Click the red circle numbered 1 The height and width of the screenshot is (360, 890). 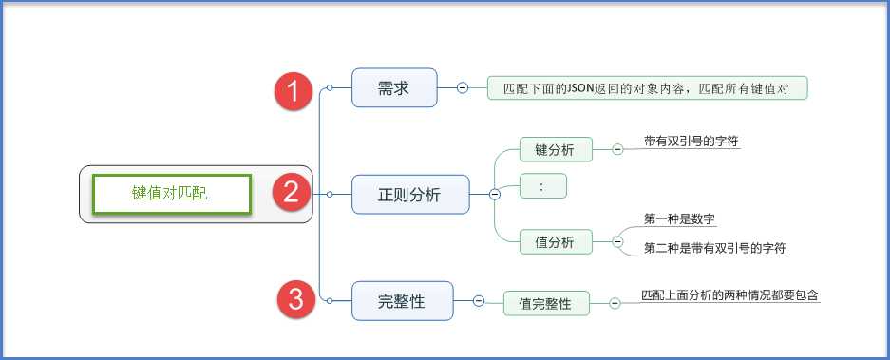pyautogui.click(x=294, y=91)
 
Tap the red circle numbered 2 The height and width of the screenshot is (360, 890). pyautogui.click(x=292, y=193)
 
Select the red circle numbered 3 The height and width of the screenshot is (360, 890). pyautogui.click(x=296, y=301)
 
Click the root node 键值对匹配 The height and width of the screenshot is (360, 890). pyautogui.click(x=170, y=194)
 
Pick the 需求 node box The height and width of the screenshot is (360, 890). pyautogui.click(x=393, y=88)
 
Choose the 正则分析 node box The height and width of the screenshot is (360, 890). pyautogui.click(x=409, y=194)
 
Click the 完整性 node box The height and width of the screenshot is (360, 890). pyautogui.click(x=402, y=301)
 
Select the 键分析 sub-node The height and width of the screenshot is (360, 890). pyautogui.click(x=556, y=149)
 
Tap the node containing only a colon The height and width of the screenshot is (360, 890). pyautogui.click(x=542, y=186)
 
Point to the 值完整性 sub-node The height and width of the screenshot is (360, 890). pyautogui.click(x=545, y=303)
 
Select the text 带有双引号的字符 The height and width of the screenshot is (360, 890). pyautogui.click(x=691, y=141)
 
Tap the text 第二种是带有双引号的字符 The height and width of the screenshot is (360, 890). pyautogui.click(x=714, y=248)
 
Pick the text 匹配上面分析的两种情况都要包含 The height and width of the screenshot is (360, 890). pyautogui.click(x=729, y=294)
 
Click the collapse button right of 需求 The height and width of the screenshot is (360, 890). pyautogui.click(x=463, y=87)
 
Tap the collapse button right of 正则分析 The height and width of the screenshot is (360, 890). pyautogui.click(x=494, y=194)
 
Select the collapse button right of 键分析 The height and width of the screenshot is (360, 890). pyautogui.click(x=617, y=149)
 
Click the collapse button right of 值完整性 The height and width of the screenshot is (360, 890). pyautogui.click(x=614, y=303)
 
